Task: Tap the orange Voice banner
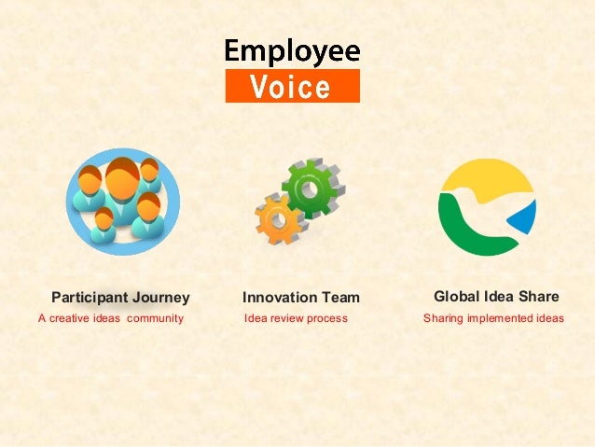(292, 87)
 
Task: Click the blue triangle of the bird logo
(524, 218)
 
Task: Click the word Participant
(90, 298)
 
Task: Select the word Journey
(160, 298)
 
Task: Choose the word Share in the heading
(540, 297)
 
